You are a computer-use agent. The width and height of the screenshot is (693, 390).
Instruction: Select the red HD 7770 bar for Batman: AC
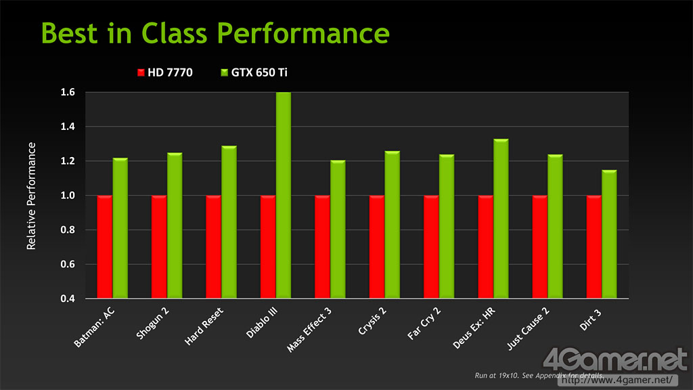click(104, 247)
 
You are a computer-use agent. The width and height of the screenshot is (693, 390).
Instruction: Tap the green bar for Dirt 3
click(609, 234)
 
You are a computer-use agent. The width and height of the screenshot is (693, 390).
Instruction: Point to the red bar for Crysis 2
click(377, 247)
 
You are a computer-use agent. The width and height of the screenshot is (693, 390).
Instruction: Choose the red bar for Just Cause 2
click(540, 247)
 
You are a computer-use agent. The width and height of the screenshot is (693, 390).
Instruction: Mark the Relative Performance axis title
click(31, 196)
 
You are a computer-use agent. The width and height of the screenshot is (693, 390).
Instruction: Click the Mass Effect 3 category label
click(309, 328)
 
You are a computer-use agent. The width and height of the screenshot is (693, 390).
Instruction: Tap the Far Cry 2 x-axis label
click(423, 324)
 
